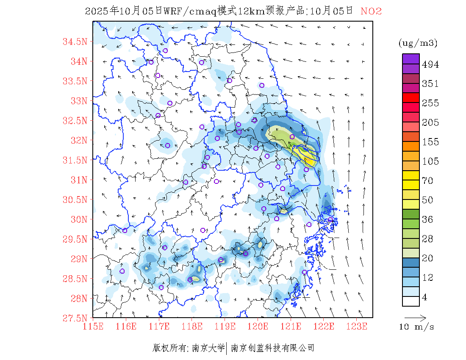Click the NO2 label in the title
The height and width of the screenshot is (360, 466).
coord(371,11)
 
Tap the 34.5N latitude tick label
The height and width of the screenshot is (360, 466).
coord(75,42)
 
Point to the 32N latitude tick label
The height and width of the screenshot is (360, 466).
coord(78,140)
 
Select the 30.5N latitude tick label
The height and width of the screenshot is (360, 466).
coord(75,199)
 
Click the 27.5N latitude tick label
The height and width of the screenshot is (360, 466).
coord(75,318)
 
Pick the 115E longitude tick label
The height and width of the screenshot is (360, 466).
coord(93,326)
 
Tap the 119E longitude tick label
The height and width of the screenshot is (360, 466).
coord(225,326)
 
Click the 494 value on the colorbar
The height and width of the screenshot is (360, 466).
coord(430,65)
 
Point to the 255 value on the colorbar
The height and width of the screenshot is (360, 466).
coord(430,103)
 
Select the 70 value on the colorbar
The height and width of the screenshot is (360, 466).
coord(428,181)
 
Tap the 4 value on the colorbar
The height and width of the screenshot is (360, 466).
coord(425,297)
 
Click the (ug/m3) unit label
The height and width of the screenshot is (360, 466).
coord(418,43)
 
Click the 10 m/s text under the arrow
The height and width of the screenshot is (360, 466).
coord(417,327)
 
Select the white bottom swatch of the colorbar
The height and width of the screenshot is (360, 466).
coord(411,301)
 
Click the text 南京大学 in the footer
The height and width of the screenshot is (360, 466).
coord(208,348)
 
